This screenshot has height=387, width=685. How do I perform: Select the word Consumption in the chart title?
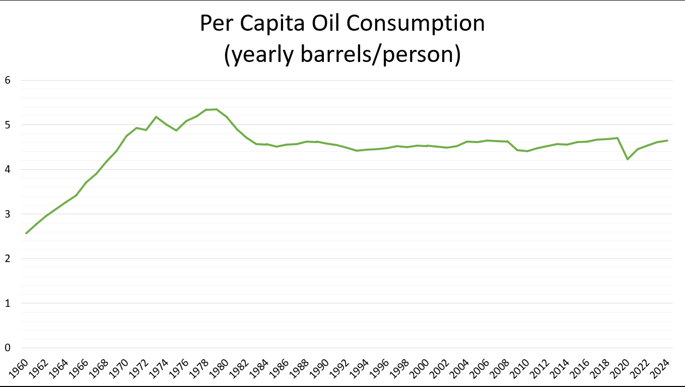point(416,23)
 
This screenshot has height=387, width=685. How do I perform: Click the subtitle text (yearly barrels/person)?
point(342,54)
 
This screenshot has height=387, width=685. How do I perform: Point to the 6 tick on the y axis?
point(8,80)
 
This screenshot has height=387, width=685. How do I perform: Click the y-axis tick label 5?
point(8,125)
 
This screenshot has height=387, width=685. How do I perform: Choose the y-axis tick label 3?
point(8,214)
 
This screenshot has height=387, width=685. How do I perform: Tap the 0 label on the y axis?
point(8,348)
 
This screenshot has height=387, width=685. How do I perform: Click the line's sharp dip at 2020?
point(628,159)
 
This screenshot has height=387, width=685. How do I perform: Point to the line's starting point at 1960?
point(26,233)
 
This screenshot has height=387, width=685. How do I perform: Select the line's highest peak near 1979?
point(217,109)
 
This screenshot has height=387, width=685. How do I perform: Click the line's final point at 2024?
point(667,141)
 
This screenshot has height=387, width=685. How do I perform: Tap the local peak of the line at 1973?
point(156,117)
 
